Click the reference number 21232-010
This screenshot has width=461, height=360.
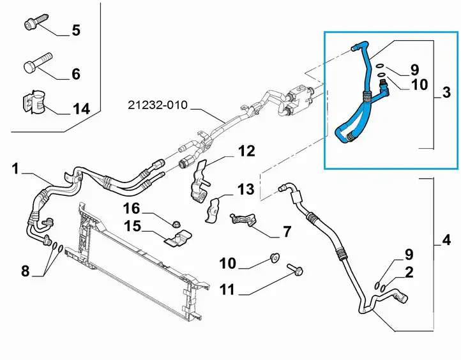coord(158,105)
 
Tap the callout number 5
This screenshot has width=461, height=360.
coord(76,30)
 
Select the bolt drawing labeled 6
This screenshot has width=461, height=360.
coord(37,63)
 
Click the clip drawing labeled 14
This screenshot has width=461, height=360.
coord(33,101)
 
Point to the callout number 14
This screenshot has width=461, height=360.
coord(81,109)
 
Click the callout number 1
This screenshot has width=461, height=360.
coord(15,169)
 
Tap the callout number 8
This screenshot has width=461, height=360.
coord(26,271)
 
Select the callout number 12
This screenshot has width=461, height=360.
coord(246,151)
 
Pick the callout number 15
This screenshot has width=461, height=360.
coord(132,227)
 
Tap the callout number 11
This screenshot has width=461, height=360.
coord(227,290)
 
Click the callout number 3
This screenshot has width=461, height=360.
coord(446,93)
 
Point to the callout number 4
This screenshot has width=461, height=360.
coord(446,240)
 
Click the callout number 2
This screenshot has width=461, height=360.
coord(409,273)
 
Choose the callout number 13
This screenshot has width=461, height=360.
coord(246,190)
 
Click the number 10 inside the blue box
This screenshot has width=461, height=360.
coord(419,85)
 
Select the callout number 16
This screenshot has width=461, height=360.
coord(132,209)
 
